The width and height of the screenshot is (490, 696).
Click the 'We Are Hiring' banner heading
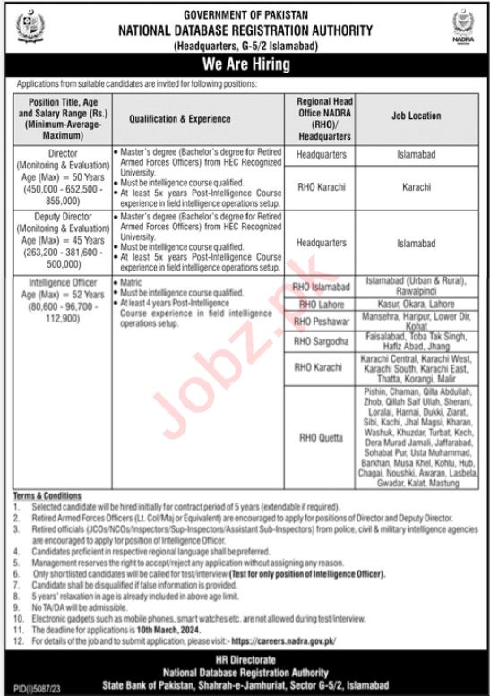click(x=245, y=64)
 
